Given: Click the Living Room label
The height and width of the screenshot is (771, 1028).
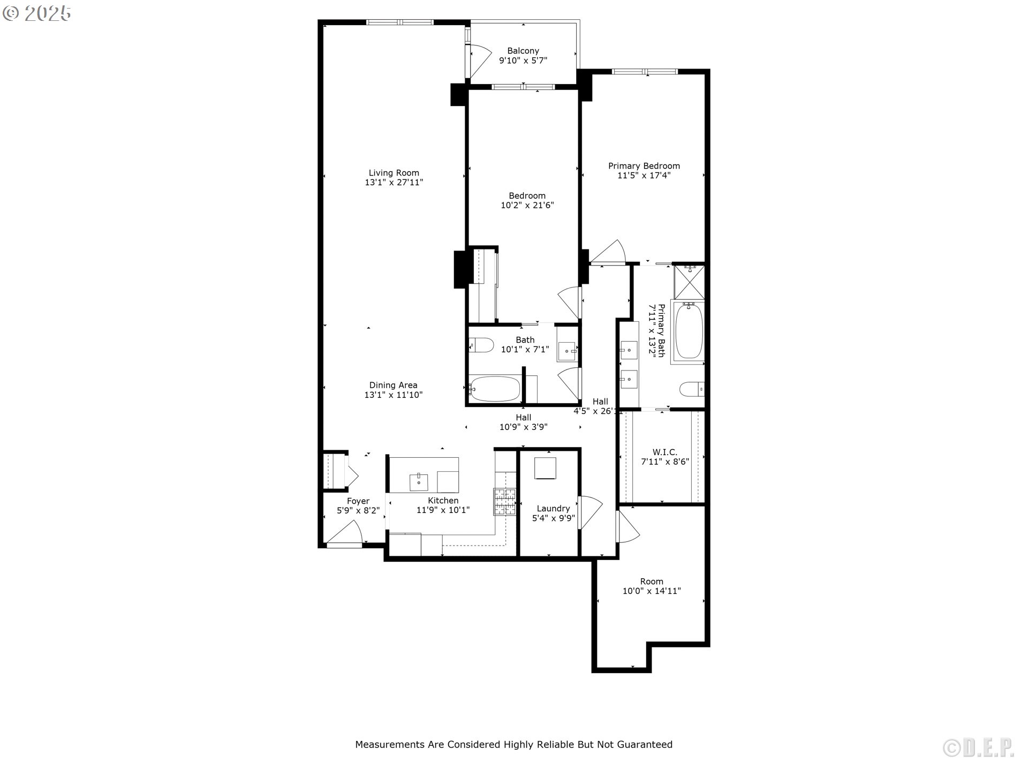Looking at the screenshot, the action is click(x=394, y=173).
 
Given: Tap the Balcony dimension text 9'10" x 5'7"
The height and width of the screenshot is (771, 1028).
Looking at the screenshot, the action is click(x=523, y=61).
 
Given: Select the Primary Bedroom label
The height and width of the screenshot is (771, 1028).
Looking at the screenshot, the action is click(x=644, y=166).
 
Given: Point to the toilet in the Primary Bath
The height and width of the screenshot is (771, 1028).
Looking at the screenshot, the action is click(x=692, y=389).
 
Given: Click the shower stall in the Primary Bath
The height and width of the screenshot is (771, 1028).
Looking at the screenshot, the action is click(x=690, y=282).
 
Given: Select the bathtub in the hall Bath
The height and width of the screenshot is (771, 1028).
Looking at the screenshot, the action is click(x=495, y=389).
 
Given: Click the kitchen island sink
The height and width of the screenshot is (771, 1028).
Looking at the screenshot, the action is click(x=419, y=482).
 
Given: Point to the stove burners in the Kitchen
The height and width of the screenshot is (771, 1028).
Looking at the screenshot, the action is click(x=504, y=502).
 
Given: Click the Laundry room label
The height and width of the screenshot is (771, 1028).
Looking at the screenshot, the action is click(x=553, y=509).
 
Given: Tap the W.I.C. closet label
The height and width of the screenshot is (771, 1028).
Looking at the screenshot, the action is click(x=665, y=452).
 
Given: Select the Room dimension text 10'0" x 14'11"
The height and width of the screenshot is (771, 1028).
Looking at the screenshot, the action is click(x=652, y=591).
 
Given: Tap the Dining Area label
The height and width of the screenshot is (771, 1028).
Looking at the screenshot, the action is click(x=394, y=385).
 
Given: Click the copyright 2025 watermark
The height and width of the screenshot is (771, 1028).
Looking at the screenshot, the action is click(x=36, y=13).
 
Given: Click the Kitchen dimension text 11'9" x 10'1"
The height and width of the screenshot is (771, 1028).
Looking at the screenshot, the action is click(x=443, y=510).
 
